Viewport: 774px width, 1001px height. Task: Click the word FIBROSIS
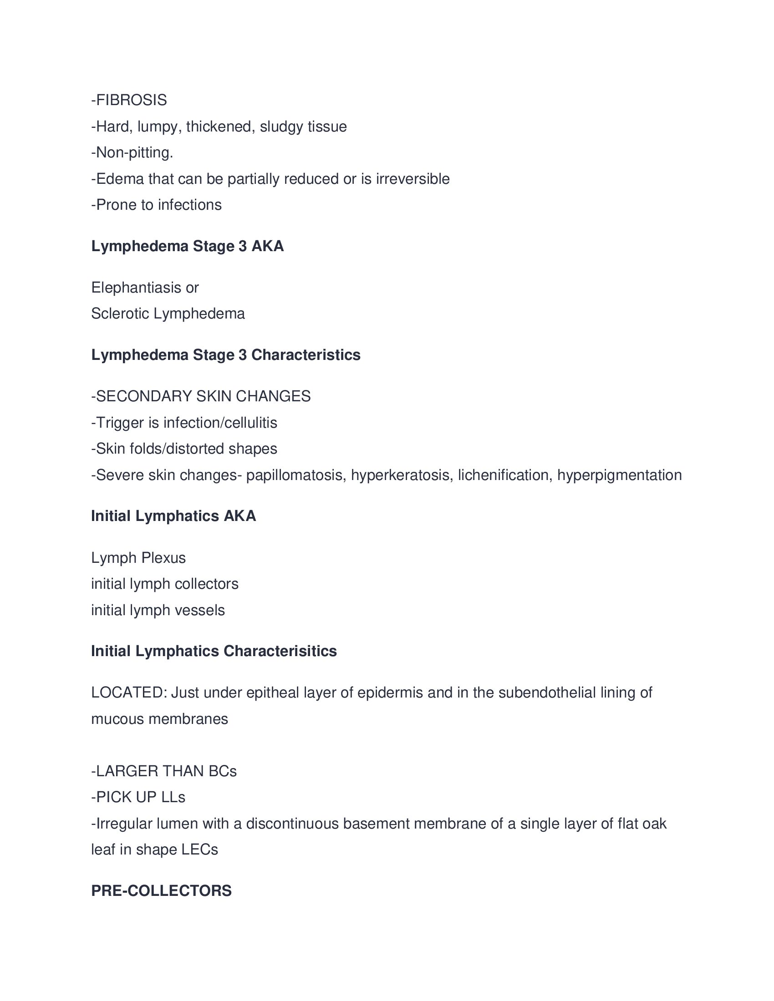131,100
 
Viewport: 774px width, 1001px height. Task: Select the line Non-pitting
132,152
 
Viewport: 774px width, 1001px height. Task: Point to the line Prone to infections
156,205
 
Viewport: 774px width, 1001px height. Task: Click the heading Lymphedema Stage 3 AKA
188,246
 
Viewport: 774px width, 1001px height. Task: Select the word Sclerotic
120,314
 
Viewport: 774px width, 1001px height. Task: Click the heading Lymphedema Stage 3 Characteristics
225,355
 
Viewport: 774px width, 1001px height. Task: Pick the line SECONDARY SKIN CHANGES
201,396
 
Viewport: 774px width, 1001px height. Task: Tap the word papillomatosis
296,475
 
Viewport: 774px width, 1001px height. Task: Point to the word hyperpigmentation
620,475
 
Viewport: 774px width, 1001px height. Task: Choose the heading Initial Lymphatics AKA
173,516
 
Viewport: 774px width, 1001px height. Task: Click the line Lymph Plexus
138,558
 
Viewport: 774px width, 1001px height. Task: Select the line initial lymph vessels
158,611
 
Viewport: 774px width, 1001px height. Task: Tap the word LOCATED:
129,693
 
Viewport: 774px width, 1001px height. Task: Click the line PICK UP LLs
138,798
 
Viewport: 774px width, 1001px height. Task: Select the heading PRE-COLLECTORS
162,891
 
